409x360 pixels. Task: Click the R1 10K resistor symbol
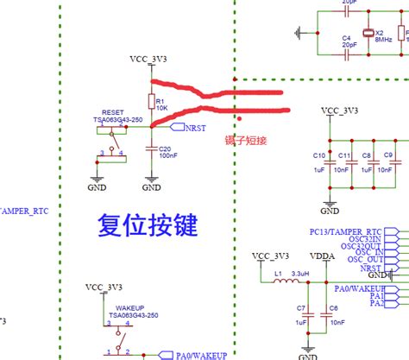(x=151, y=103)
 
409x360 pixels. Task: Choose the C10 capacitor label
(x=318, y=155)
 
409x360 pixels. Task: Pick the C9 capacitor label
(x=388, y=155)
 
